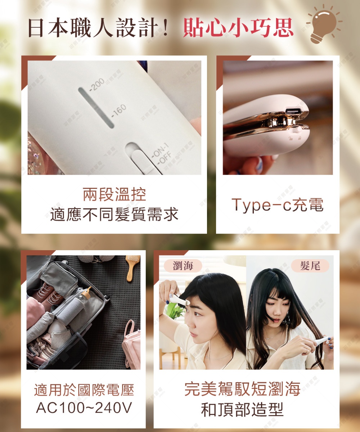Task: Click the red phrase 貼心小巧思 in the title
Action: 238,27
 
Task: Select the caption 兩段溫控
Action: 114,195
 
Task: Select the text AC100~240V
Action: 84,408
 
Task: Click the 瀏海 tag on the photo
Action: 183,266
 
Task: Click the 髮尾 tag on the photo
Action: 310,266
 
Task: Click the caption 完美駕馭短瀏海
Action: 242,389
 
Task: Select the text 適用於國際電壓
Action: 84,390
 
